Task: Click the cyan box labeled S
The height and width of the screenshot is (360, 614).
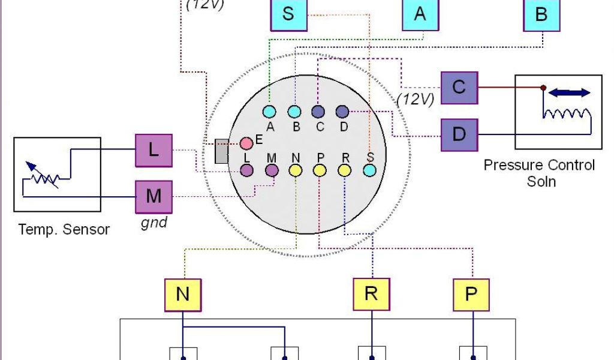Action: pyautogui.click(x=288, y=13)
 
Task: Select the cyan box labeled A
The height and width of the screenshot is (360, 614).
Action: pyautogui.click(x=420, y=13)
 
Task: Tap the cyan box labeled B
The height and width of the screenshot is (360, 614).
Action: pyautogui.click(x=541, y=13)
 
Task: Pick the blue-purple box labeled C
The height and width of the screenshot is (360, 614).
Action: pyautogui.click(x=459, y=88)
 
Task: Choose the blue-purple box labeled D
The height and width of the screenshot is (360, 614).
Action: pyautogui.click(x=459, y=134)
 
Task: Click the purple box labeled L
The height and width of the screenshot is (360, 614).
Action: pyautogui.click(x=153, y=150)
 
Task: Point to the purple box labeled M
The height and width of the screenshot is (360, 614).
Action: pyautogui.click(x=153, y=196)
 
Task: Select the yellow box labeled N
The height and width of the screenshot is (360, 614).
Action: pyautogui.click(x=183, y=295)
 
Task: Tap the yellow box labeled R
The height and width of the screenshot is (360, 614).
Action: pyautogui.click(x=372, y=295)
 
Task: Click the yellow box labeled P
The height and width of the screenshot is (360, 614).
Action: pyautogui.click(x=472, y=295)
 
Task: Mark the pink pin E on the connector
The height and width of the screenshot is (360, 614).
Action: pyautogui.click(x=246, y=143)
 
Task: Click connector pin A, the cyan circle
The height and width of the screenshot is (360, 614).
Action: pyautogui.click(x=269, y=112)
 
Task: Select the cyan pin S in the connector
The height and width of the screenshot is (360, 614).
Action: pyautogui.click(x=369, y=170)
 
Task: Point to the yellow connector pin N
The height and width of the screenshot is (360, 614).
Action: pyautogui.click(x=296, y=170)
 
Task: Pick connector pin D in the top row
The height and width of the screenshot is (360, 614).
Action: pyautogui.click(x=342, y=112)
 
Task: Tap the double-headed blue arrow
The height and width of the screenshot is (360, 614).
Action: pyautogui.click(x=570, y=92)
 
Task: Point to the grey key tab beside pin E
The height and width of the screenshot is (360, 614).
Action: pyautogui.click(x=221, y=151)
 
